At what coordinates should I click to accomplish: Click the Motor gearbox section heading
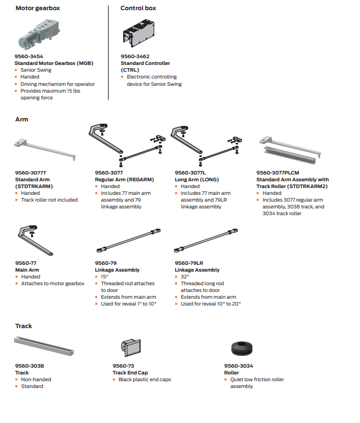37,8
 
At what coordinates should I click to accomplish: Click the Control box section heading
138,8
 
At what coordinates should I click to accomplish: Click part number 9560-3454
29,56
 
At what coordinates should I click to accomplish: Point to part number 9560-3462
135,56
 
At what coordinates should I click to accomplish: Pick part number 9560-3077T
31,172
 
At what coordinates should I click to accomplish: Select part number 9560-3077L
190,172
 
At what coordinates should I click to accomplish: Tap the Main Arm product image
38,241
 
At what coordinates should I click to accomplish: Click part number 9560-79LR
189,263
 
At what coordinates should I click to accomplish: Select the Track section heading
23,326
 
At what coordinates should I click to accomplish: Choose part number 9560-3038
29,366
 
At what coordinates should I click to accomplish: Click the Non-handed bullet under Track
36,380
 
